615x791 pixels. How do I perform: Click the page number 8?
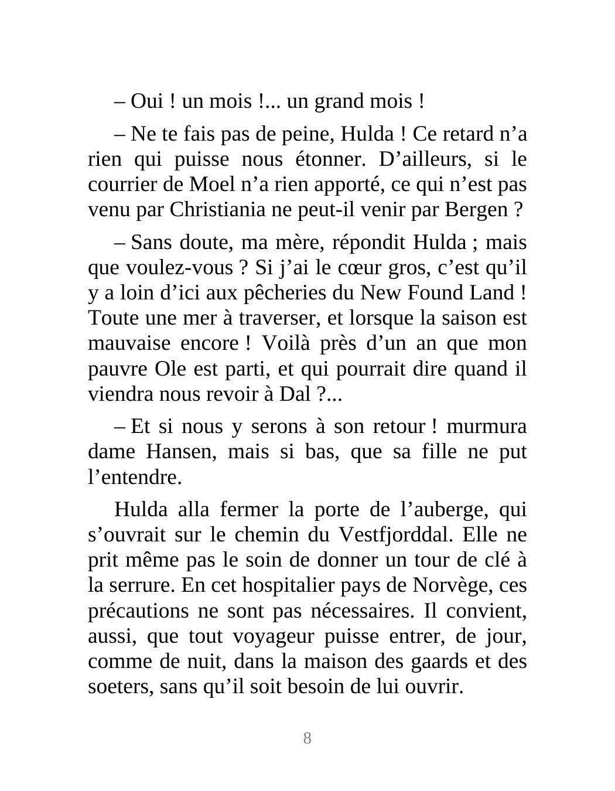click(307, 738)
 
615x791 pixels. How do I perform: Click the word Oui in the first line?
click(146, 101)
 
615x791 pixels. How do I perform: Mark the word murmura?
click(486, 427)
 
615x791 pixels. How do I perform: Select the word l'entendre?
click(135, 478)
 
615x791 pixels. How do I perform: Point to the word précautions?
click(138, 611)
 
